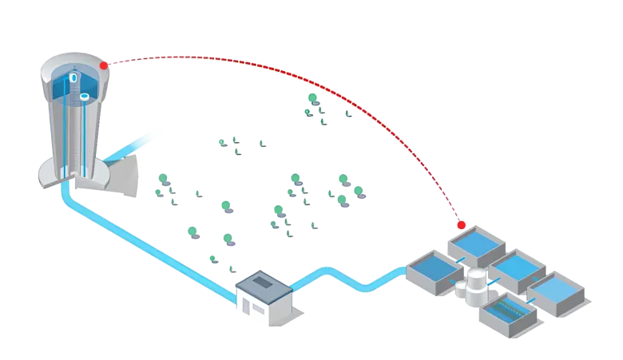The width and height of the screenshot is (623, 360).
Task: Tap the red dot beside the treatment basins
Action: (x=461, y=226)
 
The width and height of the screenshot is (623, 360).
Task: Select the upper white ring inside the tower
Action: (x=73, y=78)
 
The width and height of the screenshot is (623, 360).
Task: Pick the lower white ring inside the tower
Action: (x=84, y=97)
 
